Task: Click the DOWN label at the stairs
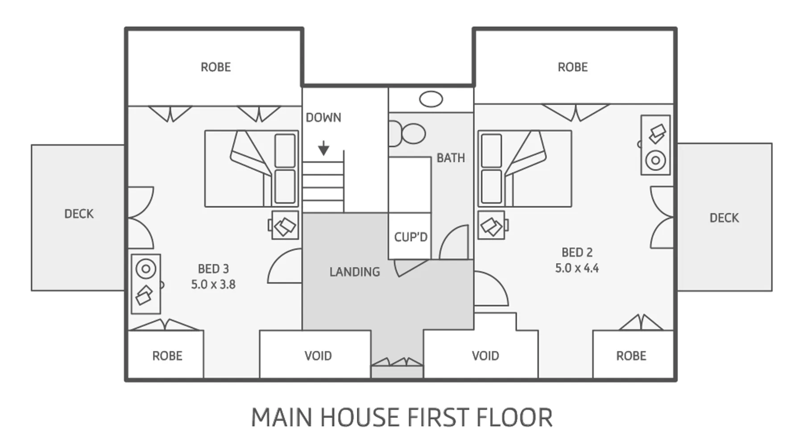323,117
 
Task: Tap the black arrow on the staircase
323,148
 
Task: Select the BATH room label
451,158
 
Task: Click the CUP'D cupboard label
410,237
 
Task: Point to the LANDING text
355,272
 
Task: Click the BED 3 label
213,269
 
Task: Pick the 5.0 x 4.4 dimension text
577,268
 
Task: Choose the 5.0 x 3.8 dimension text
213,285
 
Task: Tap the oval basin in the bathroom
431,99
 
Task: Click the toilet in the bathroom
408,133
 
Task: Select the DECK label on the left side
79,214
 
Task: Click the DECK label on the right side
724,218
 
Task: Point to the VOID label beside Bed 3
318,356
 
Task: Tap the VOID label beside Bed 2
485,356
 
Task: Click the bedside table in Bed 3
285,225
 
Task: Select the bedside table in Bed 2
493,225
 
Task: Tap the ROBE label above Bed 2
573,67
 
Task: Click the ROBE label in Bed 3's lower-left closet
167,356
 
